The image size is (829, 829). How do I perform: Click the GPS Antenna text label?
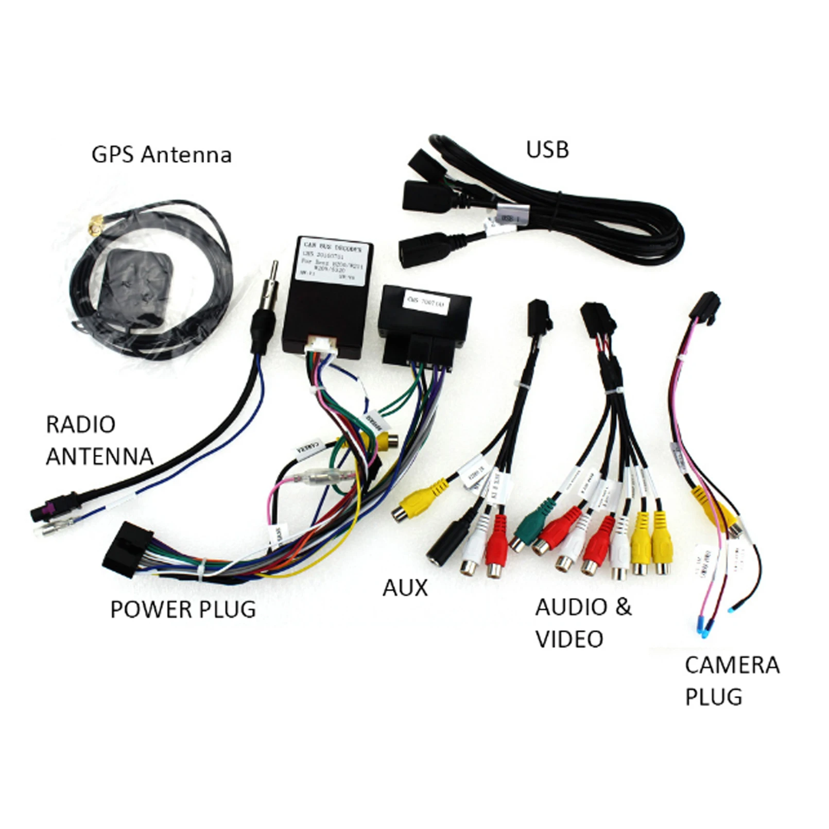tap(161, 155)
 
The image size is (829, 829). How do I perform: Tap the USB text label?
tap(547, 150)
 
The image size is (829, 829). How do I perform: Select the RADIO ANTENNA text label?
tap(99, 440)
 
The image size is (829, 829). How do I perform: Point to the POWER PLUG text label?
tap(183, 610)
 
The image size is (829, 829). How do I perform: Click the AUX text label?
tap(405, 588)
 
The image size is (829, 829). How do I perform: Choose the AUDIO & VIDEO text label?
tap(583, 623)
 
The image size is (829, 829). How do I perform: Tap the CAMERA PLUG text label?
tap(732, 681)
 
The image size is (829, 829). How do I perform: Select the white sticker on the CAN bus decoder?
tap(328, 264)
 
